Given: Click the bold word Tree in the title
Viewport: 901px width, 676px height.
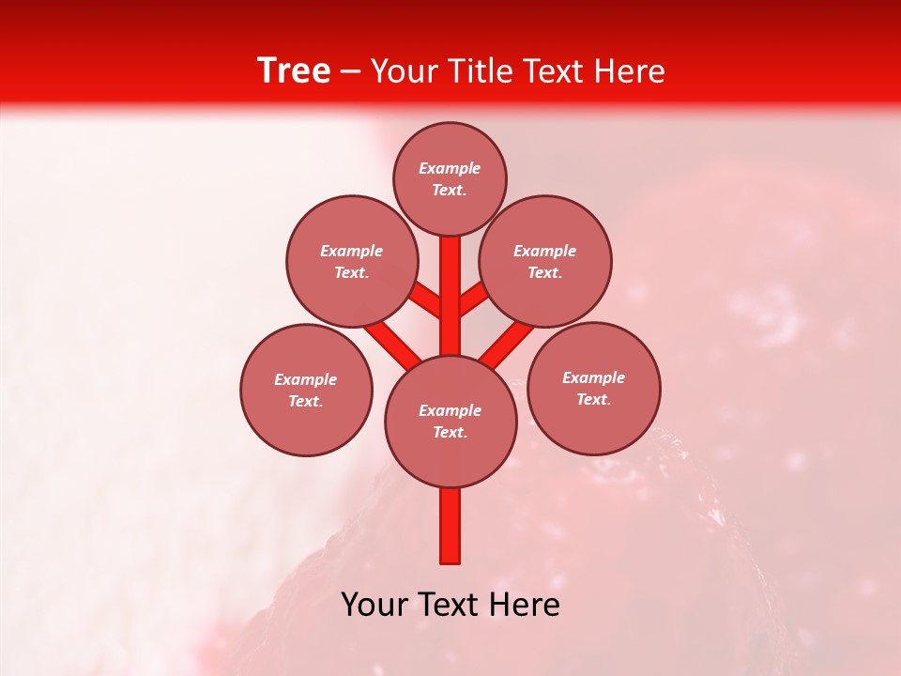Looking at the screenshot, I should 294,71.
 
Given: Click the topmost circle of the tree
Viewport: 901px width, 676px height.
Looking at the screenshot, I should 450,178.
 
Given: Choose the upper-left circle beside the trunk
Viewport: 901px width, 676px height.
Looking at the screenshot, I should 352,261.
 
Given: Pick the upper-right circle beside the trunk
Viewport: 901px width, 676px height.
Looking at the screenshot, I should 545,261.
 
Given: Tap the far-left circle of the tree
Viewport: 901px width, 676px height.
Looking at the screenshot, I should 306,390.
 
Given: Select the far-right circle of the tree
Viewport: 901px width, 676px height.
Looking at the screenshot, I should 593,388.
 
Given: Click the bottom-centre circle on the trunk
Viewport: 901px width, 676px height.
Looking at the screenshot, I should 450,421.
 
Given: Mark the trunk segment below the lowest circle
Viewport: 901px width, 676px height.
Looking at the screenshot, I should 450,526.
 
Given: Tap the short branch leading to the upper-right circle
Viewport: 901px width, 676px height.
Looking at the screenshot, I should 474,300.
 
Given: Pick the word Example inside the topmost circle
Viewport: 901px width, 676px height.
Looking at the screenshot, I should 450,168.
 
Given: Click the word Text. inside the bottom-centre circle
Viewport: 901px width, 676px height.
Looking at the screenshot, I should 450,432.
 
